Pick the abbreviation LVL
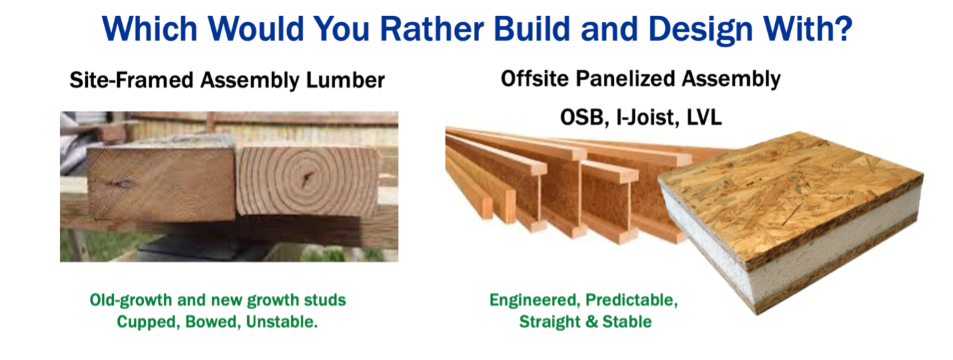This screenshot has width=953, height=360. click(702, 117)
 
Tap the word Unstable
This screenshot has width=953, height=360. click(282, 322)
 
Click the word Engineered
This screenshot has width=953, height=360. click(533, 300)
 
